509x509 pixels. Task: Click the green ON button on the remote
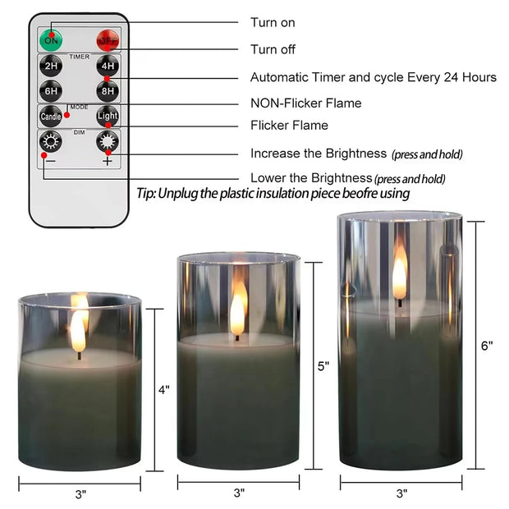[52, 39]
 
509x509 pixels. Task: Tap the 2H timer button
[52, 66]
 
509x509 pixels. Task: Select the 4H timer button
[107, 66]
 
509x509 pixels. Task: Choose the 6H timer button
[52, 91]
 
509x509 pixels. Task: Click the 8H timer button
[107, 91]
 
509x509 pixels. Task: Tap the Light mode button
[108, 116]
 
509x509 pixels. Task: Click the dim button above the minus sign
[52, 141]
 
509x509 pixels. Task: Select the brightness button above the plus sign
[107, 141]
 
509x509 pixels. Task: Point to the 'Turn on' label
[273, 23]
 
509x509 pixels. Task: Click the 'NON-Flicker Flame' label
[305, 103]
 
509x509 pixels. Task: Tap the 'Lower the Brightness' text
[310, 178]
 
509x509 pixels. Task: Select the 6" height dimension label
[487, 346]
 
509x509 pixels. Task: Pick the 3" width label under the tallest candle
[401, 493]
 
